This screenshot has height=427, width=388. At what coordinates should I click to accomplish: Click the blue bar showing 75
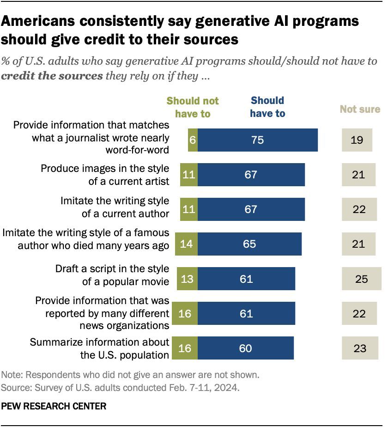click(258, 140)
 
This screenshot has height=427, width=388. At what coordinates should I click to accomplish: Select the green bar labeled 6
click(193, 140)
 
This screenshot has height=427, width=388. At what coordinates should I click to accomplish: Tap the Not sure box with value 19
click(357, 140)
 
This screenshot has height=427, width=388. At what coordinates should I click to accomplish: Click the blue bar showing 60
click(246, 348)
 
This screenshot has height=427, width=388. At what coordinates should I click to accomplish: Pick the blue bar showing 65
click(249, 244)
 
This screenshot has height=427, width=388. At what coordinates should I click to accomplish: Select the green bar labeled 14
click(186, 244)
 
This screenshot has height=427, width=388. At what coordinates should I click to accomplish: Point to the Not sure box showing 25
click(362, 279)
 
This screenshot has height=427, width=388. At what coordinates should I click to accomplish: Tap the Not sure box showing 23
click(360, 348)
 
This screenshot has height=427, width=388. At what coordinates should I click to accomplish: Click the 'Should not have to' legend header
click(193, 107)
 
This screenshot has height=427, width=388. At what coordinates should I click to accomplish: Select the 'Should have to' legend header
click(267, 107)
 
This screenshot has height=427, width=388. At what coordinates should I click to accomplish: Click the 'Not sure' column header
click(360, 110)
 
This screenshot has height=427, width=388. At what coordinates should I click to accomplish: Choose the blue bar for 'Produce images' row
click(251, 175)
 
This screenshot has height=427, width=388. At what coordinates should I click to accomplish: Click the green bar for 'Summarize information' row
click(184, 348)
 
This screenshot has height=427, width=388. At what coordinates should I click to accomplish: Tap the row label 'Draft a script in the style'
click(112, 269)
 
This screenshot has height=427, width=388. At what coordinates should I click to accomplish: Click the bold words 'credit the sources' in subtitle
click(52, 76)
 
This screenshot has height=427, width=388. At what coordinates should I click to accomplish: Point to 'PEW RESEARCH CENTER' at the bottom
click(54, 406)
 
